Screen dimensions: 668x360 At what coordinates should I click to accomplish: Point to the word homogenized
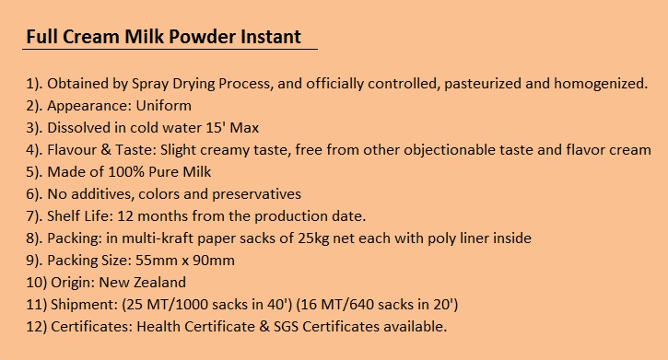[x=601, y=84]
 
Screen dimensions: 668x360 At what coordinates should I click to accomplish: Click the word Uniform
[x=164, y=106]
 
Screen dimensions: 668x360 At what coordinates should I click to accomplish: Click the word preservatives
[x=256, y=194]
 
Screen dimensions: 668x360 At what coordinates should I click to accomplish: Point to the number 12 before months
[x=125, y=216]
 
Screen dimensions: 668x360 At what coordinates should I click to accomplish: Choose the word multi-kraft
[x=158, y=238]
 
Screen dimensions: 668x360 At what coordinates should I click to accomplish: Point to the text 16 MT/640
[x=336, y=305]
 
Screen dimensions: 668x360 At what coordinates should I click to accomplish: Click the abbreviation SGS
[x=286, y=327]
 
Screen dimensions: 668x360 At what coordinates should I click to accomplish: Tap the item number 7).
[x=34, y=216]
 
